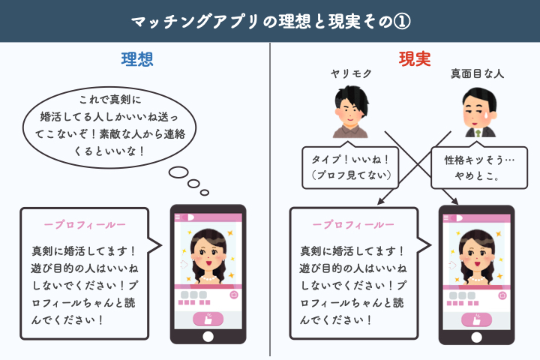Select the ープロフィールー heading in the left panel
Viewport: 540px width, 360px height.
(x=85, y=225)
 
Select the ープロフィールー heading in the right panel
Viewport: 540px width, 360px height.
(x=353, y=225)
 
